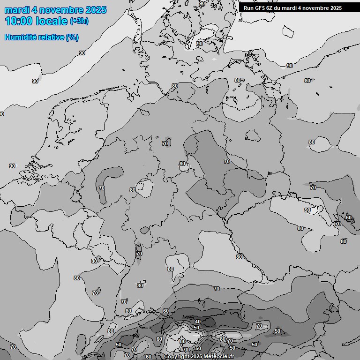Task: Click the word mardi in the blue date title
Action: click(x=15, y=10)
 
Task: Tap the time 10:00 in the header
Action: click(x=18, y=21)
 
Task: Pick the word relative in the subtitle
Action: click(x=52, y=37)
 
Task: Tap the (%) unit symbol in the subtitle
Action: click(x=72, y=37)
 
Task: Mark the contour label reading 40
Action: click(x=198, y=322)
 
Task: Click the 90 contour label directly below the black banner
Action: click(x=290, y=66)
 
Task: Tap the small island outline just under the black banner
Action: click(x=288, y=31)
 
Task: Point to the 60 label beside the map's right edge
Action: click(x=348, y=217)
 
